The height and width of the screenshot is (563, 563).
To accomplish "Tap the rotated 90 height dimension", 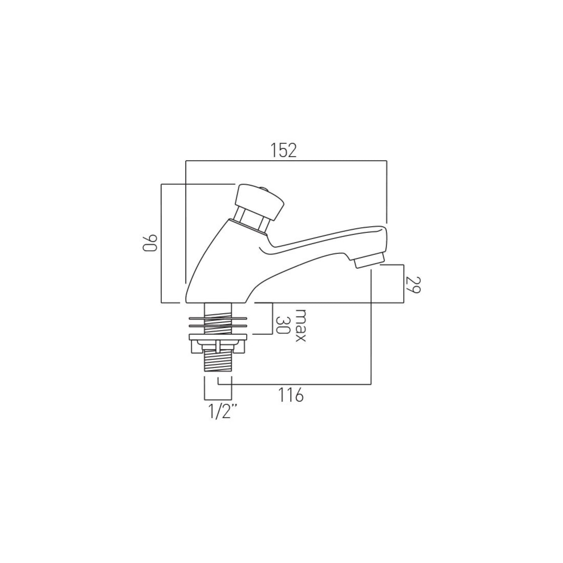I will tap(149, 243).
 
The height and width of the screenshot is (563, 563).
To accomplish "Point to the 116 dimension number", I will tap(291, 395).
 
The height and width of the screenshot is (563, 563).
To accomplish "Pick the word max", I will tap(300, 325).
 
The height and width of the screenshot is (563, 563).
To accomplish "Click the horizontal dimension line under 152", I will tap(286, 161).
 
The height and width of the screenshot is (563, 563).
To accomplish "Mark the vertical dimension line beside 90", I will tap(161, 243).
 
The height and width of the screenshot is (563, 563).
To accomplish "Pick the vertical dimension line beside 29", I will tap(403, 283).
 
